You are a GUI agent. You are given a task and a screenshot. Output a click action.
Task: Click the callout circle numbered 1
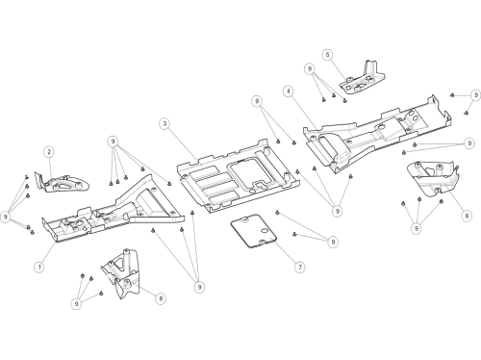pos(39,267)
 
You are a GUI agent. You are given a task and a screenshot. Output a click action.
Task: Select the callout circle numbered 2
pos(49,152)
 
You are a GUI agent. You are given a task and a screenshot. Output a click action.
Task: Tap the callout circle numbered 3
pos(165,124)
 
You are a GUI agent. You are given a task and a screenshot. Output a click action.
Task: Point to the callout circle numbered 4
pos(289,91)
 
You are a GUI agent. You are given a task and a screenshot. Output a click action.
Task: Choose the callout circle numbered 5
pos(327,55)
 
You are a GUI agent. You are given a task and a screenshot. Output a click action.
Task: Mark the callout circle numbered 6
pos(467,216)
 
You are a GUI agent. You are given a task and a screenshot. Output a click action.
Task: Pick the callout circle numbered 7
pos(300,267)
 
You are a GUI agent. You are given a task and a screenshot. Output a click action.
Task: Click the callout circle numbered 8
pos(161,298)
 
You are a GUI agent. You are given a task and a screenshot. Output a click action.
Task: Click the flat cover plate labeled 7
pos(254,231)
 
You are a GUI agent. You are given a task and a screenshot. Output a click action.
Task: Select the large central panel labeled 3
pos(238,176)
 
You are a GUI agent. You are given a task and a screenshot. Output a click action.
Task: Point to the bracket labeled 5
pos(363,78)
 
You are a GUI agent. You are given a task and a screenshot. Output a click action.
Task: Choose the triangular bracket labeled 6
pos(433,178)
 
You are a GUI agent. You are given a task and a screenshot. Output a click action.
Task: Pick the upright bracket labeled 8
pos(121,273)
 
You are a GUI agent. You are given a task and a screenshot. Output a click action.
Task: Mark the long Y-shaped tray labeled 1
pos(113,209)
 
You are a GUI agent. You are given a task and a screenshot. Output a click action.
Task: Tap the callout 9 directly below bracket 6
pos(417,228)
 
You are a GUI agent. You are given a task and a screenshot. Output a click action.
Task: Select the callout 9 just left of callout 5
pos(310,68)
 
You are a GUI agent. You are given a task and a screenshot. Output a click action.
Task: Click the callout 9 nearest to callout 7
pos(333,242)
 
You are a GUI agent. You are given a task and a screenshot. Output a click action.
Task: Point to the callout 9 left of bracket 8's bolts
pos(76,304)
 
